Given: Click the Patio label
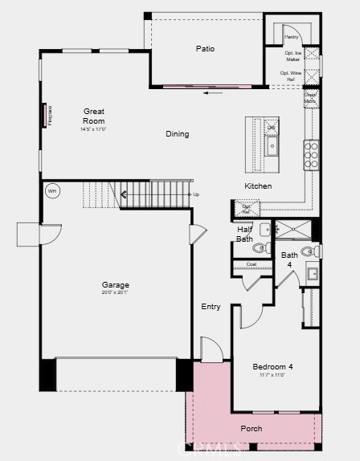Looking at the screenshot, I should pos(205,49).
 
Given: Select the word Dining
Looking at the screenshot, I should pos(178,134).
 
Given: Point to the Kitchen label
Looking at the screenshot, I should pos(258,186).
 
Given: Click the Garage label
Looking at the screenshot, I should pos(116,285).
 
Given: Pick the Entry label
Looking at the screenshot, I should pos(211,307).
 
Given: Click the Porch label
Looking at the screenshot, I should pos(252,428).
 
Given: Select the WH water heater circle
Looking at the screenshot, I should pos(52,191).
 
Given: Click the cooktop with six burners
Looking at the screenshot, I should pos(311,153).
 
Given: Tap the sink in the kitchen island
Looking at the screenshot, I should pos(272,145).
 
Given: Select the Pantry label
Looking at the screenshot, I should pos(291,37).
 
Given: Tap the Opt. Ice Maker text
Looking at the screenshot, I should pos(292,56).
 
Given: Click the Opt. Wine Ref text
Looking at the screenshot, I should pos(291,75).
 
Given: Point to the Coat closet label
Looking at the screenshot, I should pos(251,264).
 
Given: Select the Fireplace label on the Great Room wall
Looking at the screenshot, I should pos(50,114).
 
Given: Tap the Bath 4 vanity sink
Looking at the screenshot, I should pos(313,274).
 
